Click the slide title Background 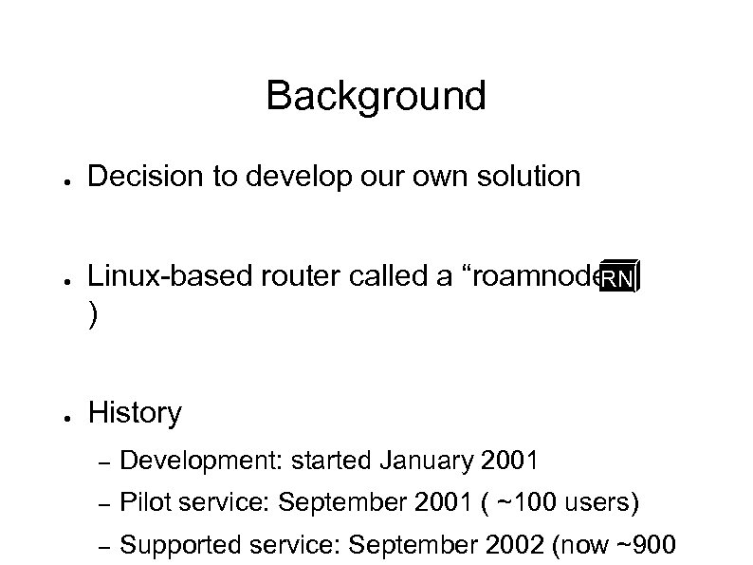coord(376,96)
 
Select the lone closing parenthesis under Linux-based coord(91,318)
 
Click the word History coord(134,413)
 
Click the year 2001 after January coord(509,461)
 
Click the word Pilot coord(144,502)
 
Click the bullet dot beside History coord(58,415)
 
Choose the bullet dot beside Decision coord(58,178)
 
